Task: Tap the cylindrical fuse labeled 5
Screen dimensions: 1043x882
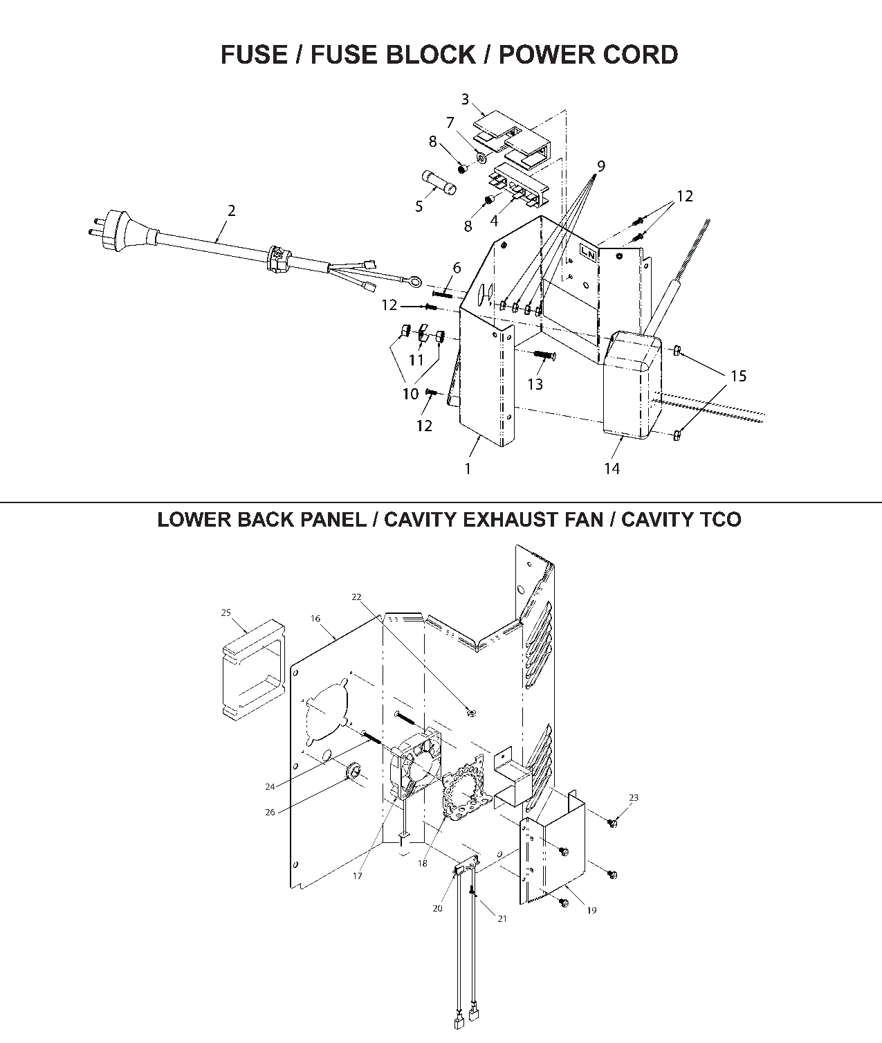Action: tap(439, 185)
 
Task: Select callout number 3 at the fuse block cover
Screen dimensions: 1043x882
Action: tap(465, 100)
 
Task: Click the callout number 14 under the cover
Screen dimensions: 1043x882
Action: tap(612, 469)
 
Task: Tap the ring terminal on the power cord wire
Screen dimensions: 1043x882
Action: tap(414, 281)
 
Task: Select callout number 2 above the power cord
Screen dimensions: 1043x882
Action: tap(231, 210)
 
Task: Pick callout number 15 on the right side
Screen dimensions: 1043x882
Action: tap(738, 376)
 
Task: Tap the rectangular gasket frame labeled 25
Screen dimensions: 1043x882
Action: tap(252, 668)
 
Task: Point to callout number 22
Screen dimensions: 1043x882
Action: tap(356, 597)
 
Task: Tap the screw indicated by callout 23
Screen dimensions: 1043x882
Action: tap(612, 823)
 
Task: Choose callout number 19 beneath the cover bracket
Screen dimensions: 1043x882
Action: tap(591, 910)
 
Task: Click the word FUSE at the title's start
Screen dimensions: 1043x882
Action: tap(254, 54)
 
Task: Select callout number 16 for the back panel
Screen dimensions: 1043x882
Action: tap(315, 618)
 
